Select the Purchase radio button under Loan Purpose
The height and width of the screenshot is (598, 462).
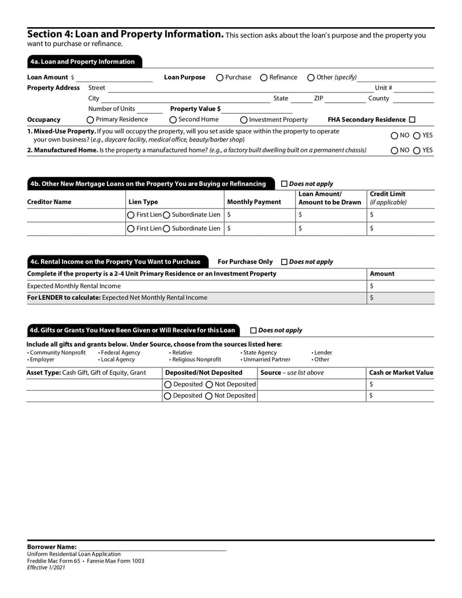click(220, 77)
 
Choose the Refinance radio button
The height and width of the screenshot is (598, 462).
click(264, 77)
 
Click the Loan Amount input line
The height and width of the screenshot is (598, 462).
click(114, 77)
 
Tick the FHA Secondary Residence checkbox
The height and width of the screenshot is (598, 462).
click(412, 120)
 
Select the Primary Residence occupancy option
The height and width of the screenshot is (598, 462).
click(90, 120)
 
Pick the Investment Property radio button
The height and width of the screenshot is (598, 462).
click(244, 120)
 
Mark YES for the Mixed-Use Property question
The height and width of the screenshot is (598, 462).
click(417, 136)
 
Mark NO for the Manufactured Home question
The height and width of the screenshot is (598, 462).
click(394, 150)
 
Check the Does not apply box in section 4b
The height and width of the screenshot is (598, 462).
click(284, 184)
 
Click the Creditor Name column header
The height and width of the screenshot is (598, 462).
click(50, 202)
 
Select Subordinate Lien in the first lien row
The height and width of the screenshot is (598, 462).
click(167, 214)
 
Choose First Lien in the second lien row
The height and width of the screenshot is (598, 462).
click(131, 229)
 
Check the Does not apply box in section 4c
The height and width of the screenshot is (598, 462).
click(284, 262)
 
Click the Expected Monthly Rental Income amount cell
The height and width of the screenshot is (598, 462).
click(401, 286)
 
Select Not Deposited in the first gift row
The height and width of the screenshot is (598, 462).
click(210, 384)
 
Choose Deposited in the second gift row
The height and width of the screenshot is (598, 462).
click(168, 396)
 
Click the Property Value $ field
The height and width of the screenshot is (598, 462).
click(257, 109)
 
